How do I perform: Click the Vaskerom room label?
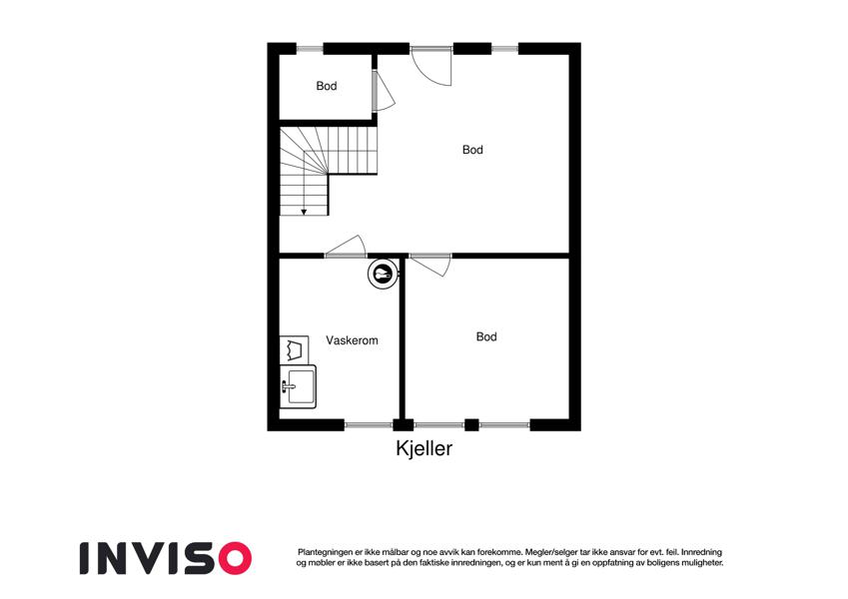[352, 340]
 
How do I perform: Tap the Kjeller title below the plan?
[424, 448]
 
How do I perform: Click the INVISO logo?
[166, 558]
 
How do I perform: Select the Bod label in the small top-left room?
[326, 86]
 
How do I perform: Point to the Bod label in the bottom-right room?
[486, 336]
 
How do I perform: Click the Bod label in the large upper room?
[472, 149]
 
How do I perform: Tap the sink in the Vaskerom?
[298, 386]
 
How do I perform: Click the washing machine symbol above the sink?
[295, 349]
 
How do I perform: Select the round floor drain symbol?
[384, 275]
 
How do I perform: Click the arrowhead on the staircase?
[304, 213]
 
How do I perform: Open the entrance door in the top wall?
[431, 65]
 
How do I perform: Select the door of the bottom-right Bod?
[429, 265]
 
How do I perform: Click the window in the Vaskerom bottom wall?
[369, 425]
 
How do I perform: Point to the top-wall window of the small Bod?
[310, 49]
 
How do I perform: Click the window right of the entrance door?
[504, 49]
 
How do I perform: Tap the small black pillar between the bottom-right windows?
[471, 425]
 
